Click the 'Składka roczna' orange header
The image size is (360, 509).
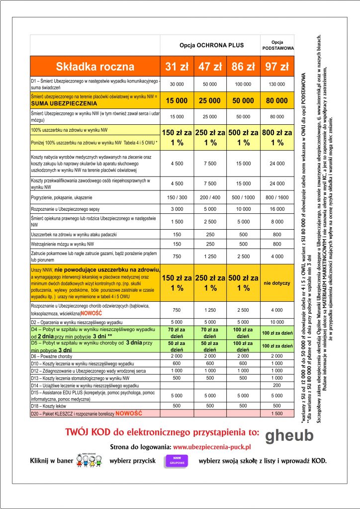[x=95, y=67]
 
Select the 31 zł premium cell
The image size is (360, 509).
[x=177, y=67]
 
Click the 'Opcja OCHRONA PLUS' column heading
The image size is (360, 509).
[x=212, y=45]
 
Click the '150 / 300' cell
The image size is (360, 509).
[x=177, y=197]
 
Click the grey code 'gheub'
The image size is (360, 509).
[x=289, y=436]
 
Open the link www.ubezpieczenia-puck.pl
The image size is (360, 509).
[x=212, y=448]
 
